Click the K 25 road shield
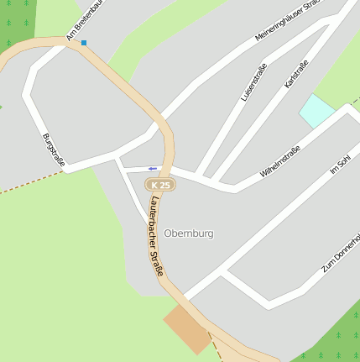pyautogui.click(x=159, y=184)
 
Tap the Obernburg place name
pyautogui.click(x=189, y=233)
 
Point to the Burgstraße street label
pyautogui.click(x=53, y=148)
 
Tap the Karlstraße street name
pyautogui.click(x=296, y=74)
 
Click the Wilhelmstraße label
pyautogui.click(x=280, y=161)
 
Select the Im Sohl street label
pyautogui.click(x=339, y=165)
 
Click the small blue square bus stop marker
pyautogui.click(x=83, y=42)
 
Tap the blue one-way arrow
pyautogui.click(x=152, y=167)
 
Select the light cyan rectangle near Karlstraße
pyautogui.click(x=317, y=110)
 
